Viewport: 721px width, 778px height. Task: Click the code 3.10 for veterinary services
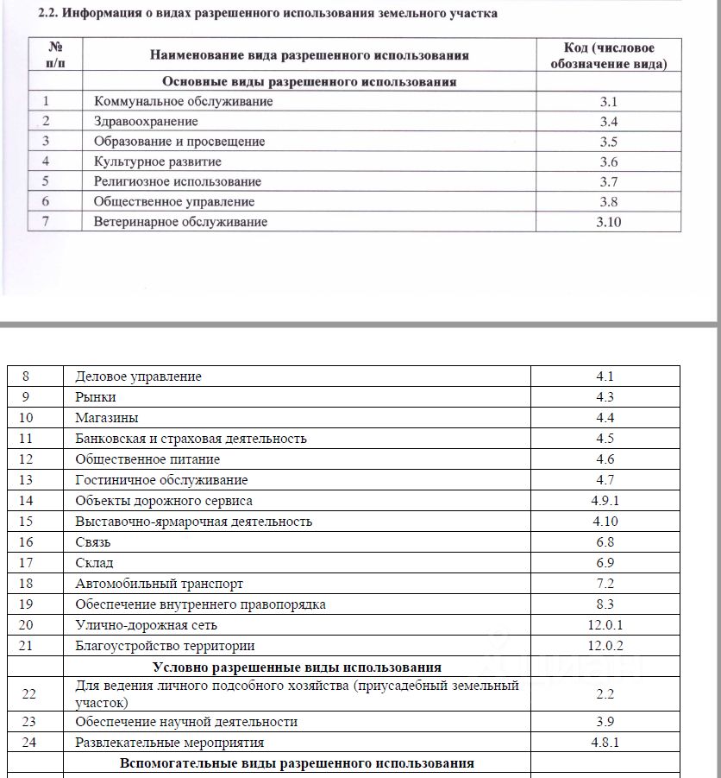tap(609, 222)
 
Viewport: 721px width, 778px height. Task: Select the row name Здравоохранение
tap(146, 122)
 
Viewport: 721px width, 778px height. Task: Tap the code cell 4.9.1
tap(605, 501)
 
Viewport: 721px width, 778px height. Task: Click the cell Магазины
tap(106, 418)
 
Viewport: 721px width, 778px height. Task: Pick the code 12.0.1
tap(605, 625)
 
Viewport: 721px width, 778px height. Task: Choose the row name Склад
tap(94, 563)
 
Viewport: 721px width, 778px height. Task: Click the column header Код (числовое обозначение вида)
tap(608, 56)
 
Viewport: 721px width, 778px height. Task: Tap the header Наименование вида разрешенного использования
tap(310, 55)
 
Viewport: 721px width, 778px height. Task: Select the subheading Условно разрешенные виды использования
tap(297, 667)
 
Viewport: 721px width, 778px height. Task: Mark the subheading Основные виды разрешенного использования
tap(310, 82)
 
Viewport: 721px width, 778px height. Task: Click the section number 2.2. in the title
tap(53, 14)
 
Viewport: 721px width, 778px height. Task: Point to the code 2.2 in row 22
tap(605, 693)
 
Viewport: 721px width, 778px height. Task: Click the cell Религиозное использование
tap(178, 181)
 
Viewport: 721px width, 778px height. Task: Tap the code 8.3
tap(605, 604)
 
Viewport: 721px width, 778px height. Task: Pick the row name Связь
tap(93, 542)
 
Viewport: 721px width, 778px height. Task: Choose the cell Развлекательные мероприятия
tap(169, 743)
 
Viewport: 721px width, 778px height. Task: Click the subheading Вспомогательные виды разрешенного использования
tap(297, 764)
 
